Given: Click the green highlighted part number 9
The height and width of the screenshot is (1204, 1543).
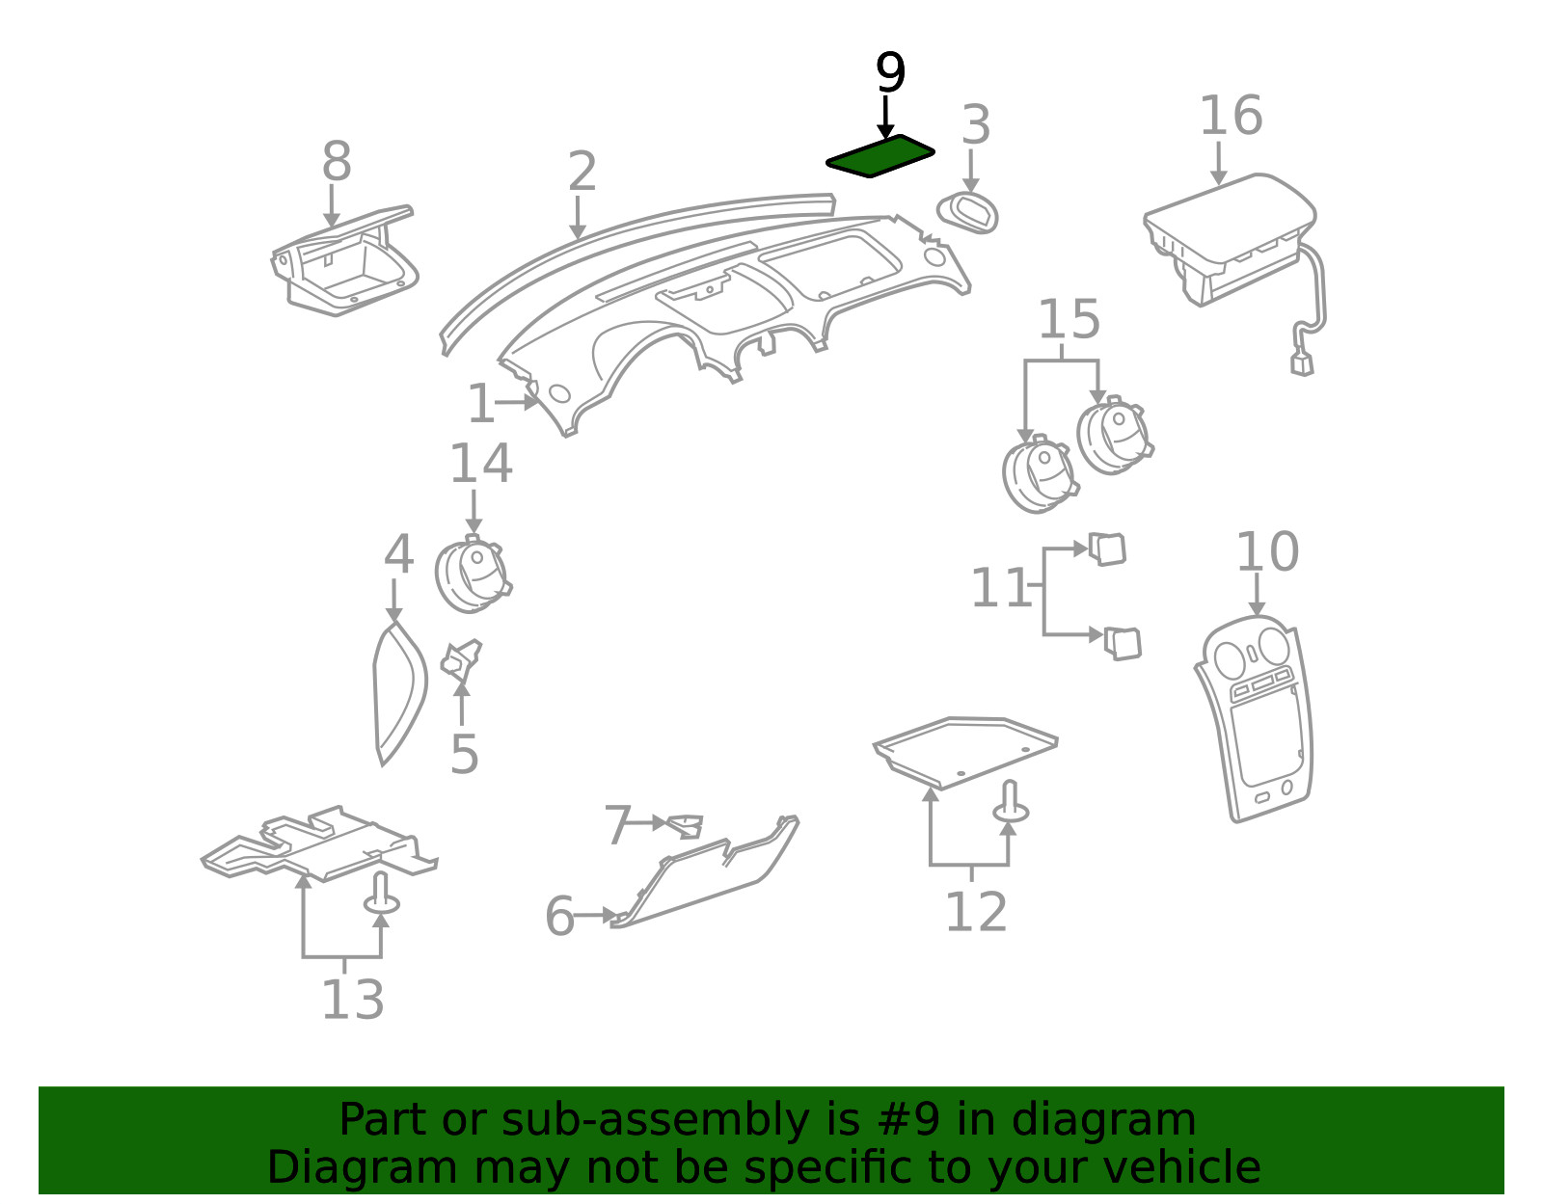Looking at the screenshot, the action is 880,156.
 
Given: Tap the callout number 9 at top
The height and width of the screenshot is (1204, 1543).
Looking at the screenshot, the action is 890,72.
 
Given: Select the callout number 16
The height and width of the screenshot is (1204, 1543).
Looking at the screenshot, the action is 1232,116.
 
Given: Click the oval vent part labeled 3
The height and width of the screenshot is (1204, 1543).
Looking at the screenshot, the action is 968,212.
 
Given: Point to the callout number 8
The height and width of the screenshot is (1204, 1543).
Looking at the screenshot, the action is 337,161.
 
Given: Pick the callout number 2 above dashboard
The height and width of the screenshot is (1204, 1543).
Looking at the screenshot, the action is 582,171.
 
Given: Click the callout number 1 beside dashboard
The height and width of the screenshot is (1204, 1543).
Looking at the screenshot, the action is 480,404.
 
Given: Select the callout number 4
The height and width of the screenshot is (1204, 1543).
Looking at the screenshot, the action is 398,554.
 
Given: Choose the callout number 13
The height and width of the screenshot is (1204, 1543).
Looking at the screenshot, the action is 353,1000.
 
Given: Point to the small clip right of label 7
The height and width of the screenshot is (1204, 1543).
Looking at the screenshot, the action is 686,826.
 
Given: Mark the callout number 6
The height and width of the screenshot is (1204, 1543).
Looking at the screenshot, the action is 559,917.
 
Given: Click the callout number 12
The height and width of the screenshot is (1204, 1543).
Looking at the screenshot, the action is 976,912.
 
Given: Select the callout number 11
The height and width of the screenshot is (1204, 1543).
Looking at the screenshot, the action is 1001,587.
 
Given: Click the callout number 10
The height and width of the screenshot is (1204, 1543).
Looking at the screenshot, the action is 1268,551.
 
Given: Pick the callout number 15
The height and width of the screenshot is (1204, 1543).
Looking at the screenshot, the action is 1069,318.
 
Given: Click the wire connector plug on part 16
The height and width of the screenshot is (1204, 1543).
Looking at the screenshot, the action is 1302,364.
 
